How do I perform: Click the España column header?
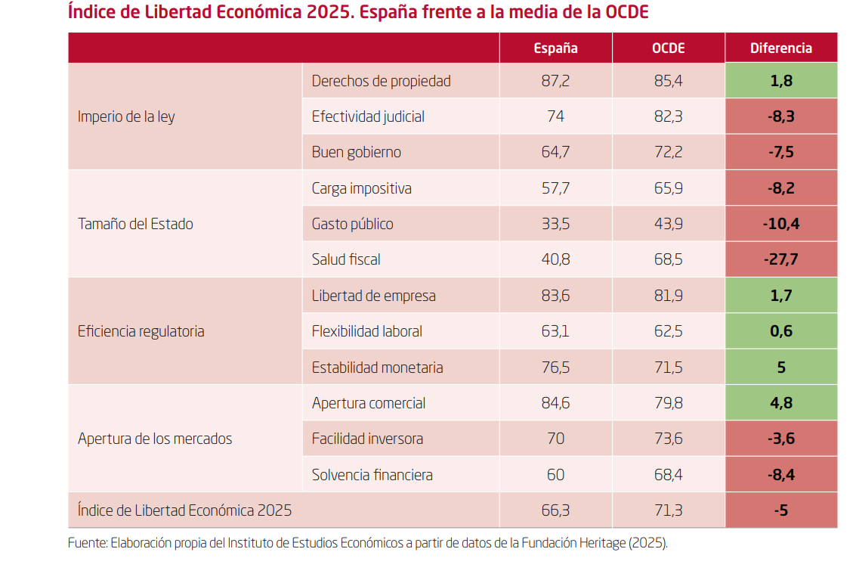[555, 48]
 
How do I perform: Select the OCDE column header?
[668, 48]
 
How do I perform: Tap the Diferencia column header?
[780, 48]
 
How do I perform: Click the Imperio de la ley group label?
[126, 116]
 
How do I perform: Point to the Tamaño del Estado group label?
[135, 224]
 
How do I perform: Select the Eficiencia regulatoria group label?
[141, 331]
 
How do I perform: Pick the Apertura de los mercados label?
[155, 439]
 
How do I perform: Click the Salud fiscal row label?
[346, 259]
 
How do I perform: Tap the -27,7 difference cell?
[780, 259]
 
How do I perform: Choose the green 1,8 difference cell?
[780, 81]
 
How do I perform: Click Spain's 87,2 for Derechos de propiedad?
[555, 81]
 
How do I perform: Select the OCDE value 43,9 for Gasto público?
[668, 224]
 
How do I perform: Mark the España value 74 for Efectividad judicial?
[555, 116]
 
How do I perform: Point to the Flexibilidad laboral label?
[367, 331]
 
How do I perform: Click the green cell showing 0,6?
[780, 331]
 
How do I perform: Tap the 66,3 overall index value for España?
[555, 510]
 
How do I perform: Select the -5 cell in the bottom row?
[780, 510]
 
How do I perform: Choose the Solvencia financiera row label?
[372, 475]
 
